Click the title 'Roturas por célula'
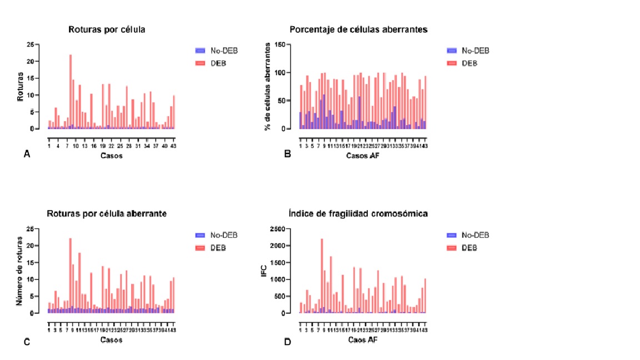[x=107, y=29]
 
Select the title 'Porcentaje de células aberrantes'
[x=358, y=29]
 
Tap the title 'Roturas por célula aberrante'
[x=107, y=214]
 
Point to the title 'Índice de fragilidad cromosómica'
[x=358, y=214]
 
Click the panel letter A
[x=26, y=155]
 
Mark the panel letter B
[x=287, y=155]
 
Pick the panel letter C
[x=26, y=341]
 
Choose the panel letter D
[x=287, y=341]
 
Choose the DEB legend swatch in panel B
[x=453, y=63]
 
